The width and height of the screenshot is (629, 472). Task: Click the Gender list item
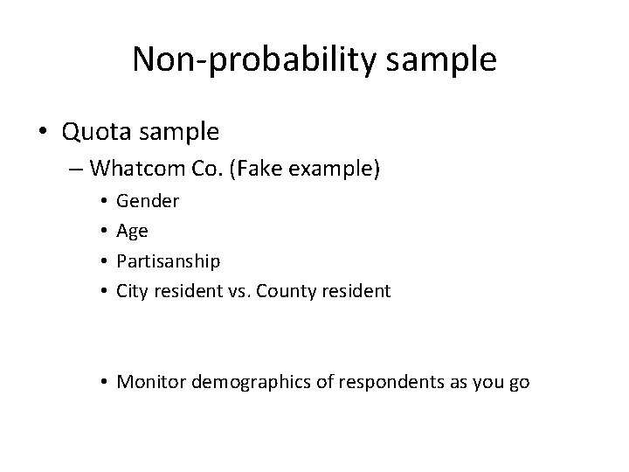[x=148, y=201]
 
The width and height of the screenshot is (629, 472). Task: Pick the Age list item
[x=132, y=231]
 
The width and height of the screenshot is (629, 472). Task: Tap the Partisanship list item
[x=169, y=260]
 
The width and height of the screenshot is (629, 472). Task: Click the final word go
[x=519, y=382]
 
